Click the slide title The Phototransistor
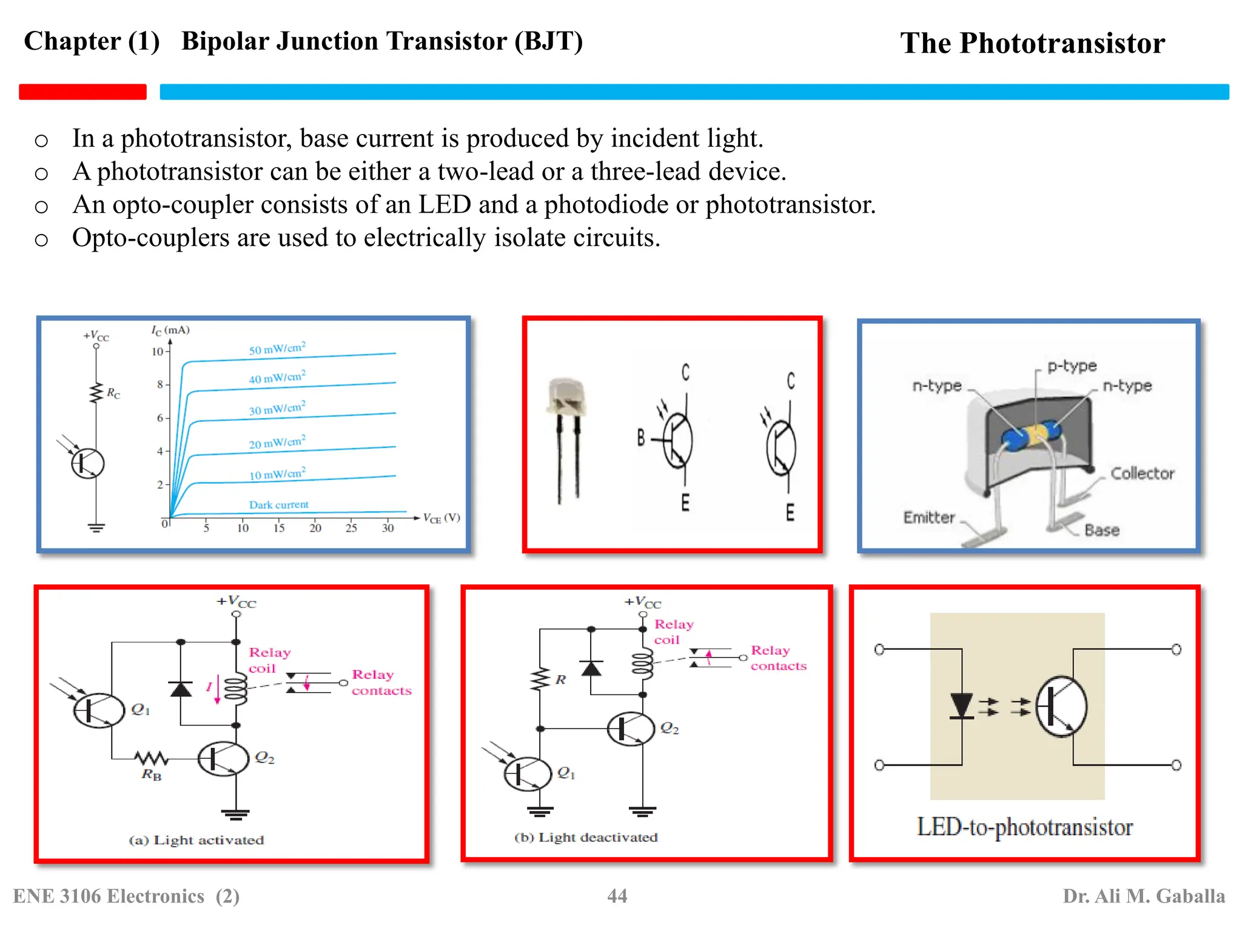click(x=1032, y=44)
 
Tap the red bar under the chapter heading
click(x=82, y=92)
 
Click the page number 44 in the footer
click(x=617, y=896)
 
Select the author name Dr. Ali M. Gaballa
click(x=1143, y=896)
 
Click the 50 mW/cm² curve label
click(x=277, y=349)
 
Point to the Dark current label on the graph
click(x=278, y=505)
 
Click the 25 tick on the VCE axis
click(x=351, y=528)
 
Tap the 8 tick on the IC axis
click(x=160, y=384)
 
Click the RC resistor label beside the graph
click(x=113, y=393)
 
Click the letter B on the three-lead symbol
click(x=641, y=438)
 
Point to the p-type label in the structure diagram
click(x=1072, y=366)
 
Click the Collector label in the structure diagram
click(x=1142, y=473)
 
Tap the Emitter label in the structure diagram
click(x=928, y=518)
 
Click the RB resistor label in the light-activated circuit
click(x=152, y=775)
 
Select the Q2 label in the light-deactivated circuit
click(x=669, y=728)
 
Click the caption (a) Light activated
click(x=196, y=840)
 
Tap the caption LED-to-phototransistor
click(x=1024, y=827)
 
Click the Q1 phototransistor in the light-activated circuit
click(x=98, y=710)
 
